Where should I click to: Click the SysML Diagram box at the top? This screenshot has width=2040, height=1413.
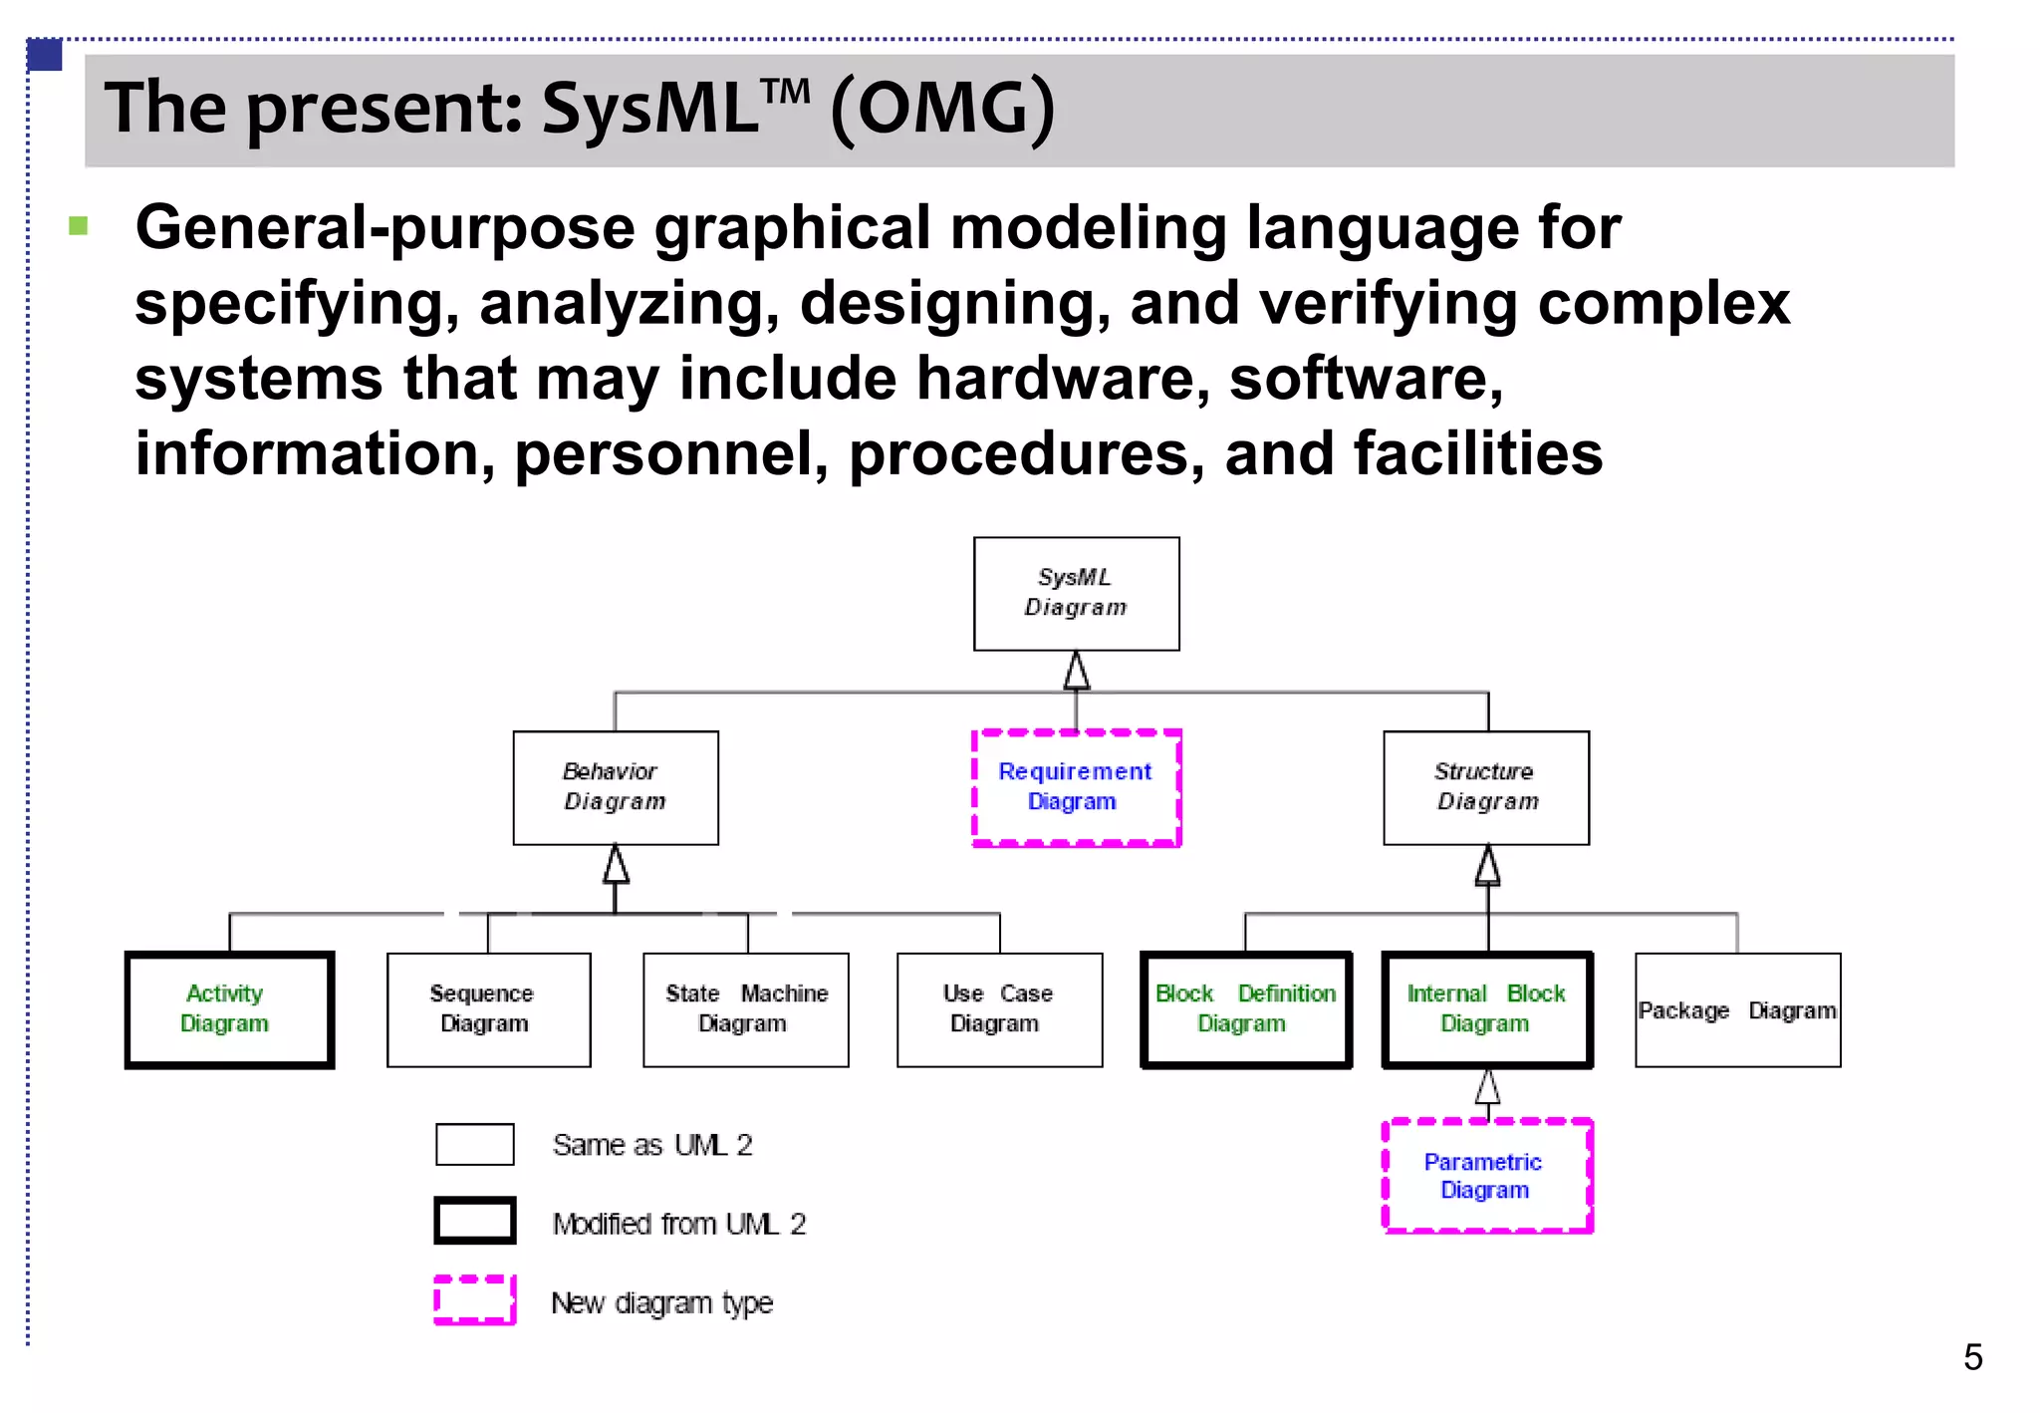tap(1076, 594)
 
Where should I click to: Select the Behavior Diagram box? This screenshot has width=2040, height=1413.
tap(616, 787)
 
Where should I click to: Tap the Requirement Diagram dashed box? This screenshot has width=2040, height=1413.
tap(1076, 787)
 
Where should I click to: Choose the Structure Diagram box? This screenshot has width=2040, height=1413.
tap(1486, 787)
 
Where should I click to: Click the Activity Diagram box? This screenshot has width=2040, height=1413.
tap(229, 1009)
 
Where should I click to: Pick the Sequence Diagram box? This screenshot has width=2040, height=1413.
tap(488, 1009)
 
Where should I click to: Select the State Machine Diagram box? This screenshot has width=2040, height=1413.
tap(746, 1009)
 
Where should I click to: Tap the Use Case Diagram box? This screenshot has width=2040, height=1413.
tap(999, 1009)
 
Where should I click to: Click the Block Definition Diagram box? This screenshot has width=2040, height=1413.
tap(1246, 1009)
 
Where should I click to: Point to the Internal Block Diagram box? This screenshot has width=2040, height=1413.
tap(1487, 1009)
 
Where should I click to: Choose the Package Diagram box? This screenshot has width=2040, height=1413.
tap(1737, 1009)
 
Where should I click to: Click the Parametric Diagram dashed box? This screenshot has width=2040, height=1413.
tap(1487, 1176)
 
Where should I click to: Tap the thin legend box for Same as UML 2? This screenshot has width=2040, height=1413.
tap(475, 1144)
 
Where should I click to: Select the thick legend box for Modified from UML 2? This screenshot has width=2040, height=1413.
tap(475, 1221)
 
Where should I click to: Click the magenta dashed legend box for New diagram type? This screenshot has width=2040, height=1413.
tap(475, 1299)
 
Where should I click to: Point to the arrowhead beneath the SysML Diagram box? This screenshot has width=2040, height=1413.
tap(1076, 671)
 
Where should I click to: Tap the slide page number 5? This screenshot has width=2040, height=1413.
tap(1972, 1357)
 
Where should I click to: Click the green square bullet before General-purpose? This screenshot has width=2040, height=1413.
tap(79, 226)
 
